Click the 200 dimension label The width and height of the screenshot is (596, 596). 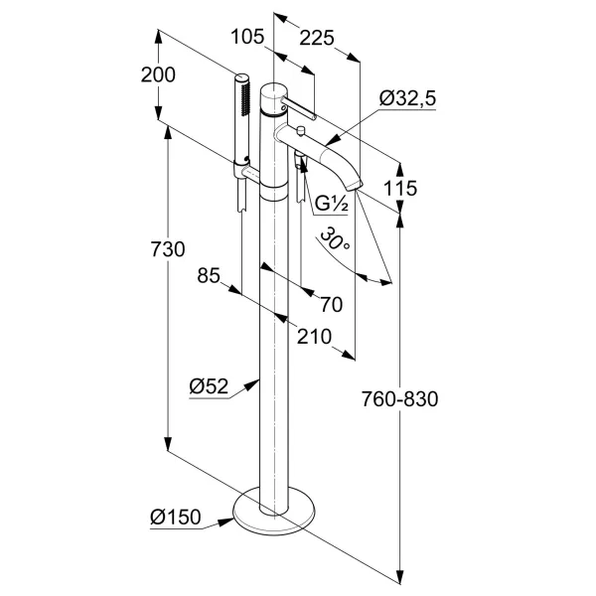tap(157, 74)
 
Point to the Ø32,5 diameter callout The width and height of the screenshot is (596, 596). tap(408, 96)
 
